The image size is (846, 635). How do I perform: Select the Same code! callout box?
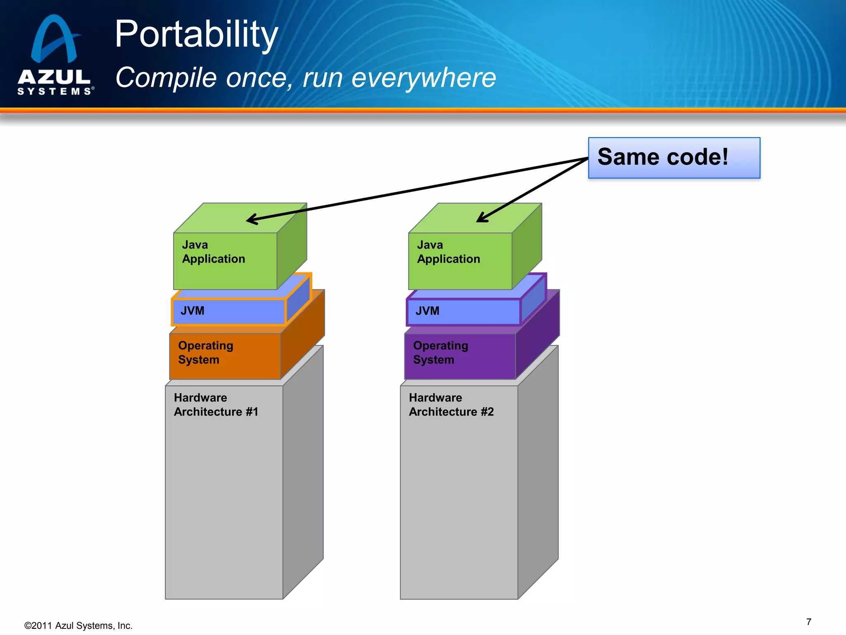(674, 158)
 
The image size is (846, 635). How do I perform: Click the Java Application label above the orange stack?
(213, 252)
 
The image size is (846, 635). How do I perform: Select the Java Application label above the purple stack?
(448, 252)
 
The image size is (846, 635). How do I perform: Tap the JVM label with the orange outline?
(192, 311)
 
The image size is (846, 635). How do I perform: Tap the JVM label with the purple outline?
(427, 311)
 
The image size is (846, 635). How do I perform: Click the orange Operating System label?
(205, 352)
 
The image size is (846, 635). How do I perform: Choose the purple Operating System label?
(440, 352)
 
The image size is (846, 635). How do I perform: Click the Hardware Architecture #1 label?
(216, 405)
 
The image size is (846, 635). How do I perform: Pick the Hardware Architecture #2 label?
(451, 405)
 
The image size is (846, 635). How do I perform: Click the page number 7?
(808, 622)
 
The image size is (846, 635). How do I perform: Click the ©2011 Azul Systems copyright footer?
(78, 625)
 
